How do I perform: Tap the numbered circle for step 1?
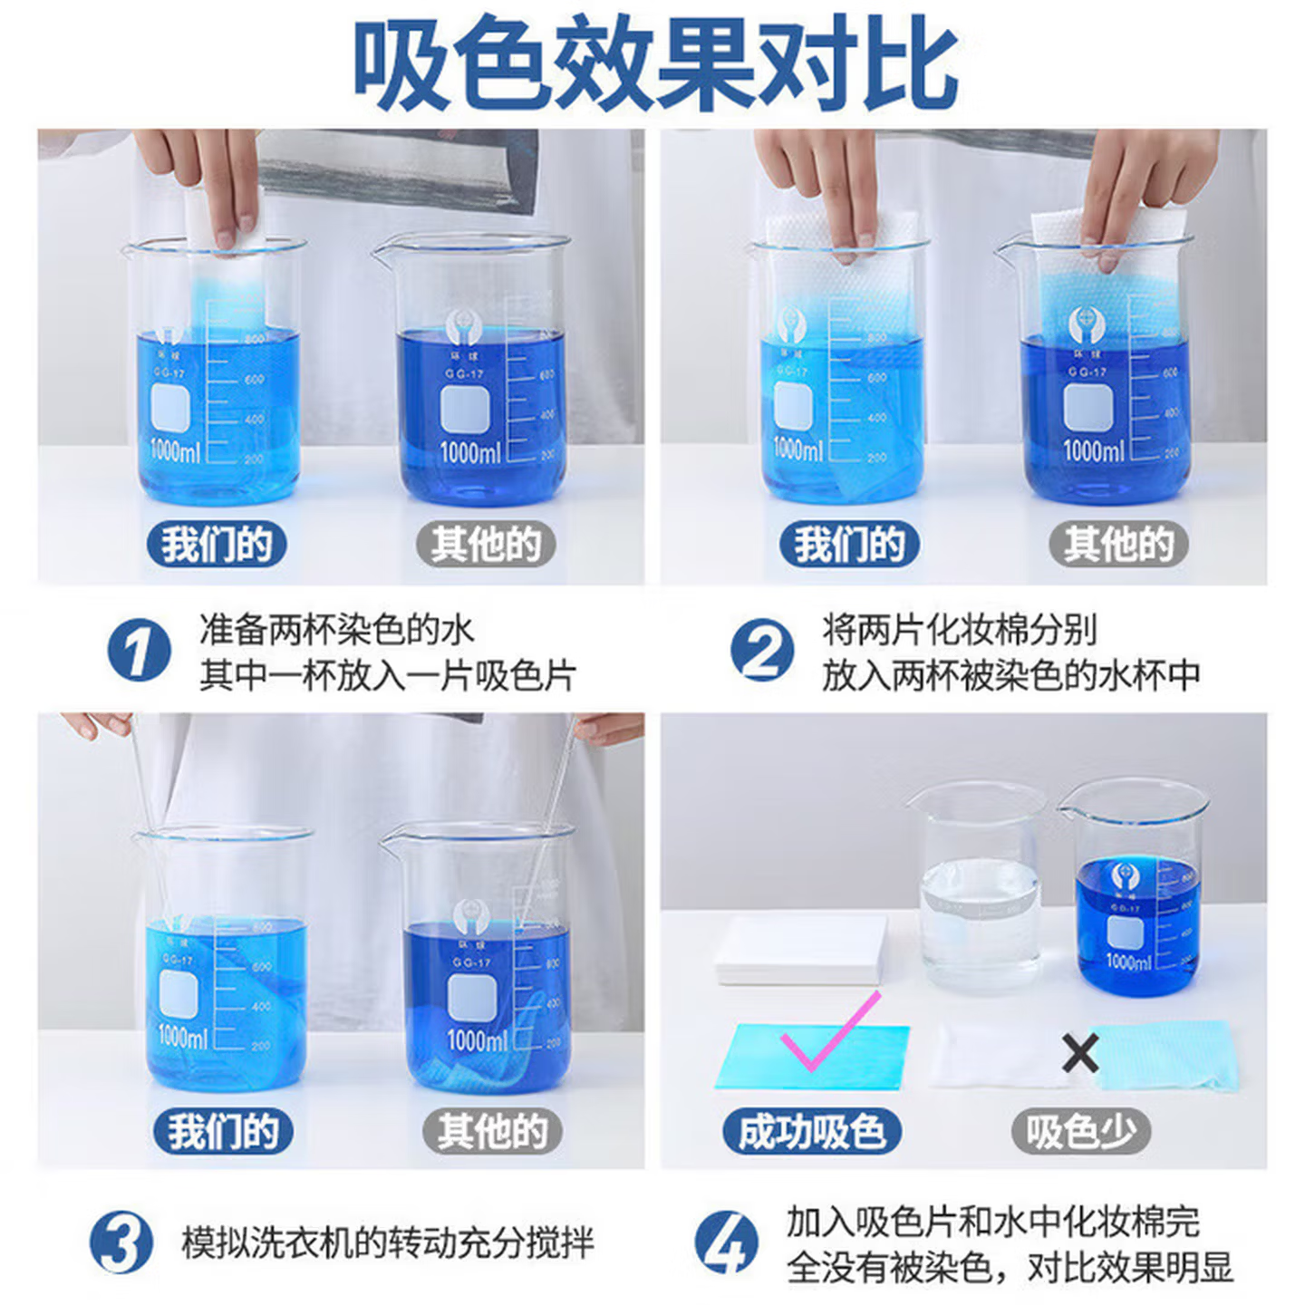click(139, 651)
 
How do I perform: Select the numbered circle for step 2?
click(762, 651)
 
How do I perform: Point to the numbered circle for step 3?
click(121, 1242)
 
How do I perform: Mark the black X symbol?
click(1079, 1053)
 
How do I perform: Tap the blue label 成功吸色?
click(811, 1131)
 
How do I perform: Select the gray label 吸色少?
click(1080, 1131)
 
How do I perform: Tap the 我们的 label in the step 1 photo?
click(217, 545)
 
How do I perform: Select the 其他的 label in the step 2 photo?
click(1118, 545)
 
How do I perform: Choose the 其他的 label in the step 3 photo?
click(492, 1131)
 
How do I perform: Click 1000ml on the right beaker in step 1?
click(469, 451)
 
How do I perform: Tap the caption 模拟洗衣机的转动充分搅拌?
click(388, 1242)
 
